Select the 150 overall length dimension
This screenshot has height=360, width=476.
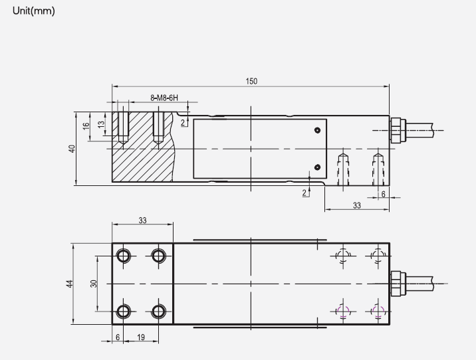[x=251, y=82]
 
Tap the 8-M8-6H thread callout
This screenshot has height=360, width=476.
[x=164, y=98]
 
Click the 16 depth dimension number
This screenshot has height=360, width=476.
[x=86, y=126]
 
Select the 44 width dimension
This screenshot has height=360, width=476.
[x=69, y=284]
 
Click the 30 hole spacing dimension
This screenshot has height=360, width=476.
[x=94, y=284]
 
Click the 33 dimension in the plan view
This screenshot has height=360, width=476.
[x=142, y=220]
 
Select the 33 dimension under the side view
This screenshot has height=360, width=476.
[x=356, y=206]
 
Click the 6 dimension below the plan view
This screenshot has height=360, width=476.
[x=118, y=337]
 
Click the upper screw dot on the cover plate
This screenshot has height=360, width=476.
[x=318, y=130]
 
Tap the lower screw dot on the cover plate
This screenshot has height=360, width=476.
[x=318, y=167]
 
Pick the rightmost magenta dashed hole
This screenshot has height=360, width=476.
[x=378, y=311]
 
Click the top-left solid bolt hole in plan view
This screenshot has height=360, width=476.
[x=123, y=255]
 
